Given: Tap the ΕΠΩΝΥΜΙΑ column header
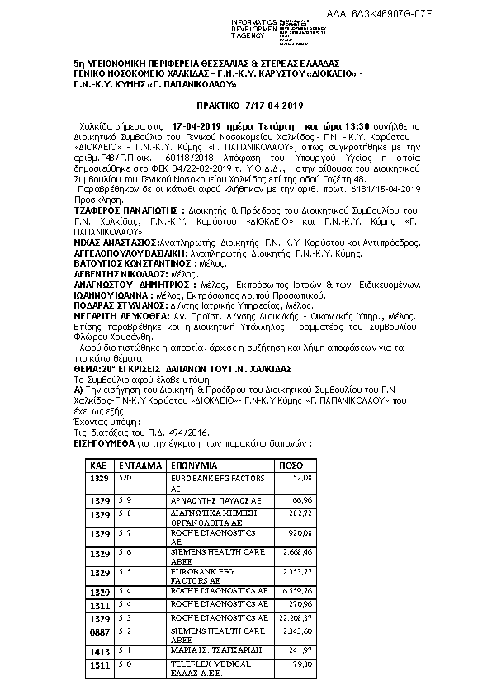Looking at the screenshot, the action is (195, 466).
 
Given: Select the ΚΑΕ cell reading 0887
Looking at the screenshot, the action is (99, 633).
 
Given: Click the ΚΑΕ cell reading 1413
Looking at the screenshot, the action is (99, 650).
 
